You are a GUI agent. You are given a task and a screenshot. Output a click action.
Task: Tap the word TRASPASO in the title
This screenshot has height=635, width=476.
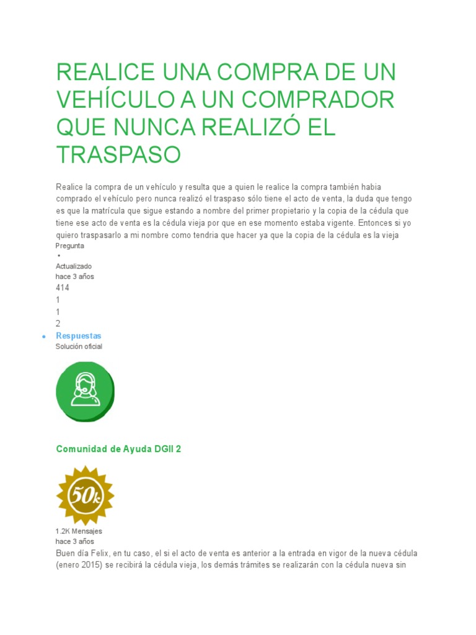click(118, 154)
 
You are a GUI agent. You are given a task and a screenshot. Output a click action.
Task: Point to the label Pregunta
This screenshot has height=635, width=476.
click(70, 246)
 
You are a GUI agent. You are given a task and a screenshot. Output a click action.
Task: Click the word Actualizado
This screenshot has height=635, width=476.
click(74, 266)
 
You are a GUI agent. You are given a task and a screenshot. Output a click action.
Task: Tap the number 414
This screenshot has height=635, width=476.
click(63, 288)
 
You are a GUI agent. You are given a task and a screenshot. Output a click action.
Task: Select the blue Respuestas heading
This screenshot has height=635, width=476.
click(79, 335)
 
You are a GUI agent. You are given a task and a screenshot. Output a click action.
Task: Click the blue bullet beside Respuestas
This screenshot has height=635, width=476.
click(44, 336)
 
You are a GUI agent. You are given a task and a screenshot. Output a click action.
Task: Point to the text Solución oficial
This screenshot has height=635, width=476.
click(79, 347)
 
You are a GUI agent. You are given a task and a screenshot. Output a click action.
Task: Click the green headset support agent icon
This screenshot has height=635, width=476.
click(85, 391)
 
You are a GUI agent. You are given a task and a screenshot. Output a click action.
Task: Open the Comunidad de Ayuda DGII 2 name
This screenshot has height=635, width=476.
click(118, 449)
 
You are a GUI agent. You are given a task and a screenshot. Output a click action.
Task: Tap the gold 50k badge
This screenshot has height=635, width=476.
click(85, 495)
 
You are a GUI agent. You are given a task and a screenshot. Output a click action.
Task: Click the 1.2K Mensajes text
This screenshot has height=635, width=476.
click(79, 531)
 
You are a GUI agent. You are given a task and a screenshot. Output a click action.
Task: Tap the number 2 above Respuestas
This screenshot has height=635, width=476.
click(58, 323)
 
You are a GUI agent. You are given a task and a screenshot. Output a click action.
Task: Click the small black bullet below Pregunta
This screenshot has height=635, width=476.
click(58, 255)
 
